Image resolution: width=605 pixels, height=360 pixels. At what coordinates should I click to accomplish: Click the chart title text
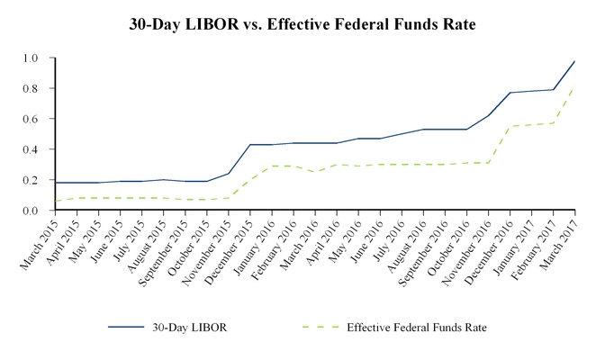[x=302, y=24]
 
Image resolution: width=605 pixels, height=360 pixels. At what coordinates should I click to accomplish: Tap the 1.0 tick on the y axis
[x=32, y=58]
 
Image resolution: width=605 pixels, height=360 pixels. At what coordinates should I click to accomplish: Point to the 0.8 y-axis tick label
[x=32, y=89]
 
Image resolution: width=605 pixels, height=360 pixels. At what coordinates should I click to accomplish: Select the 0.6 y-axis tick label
[x=32, y=119]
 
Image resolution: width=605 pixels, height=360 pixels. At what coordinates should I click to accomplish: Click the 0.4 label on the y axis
[x=32, y=149]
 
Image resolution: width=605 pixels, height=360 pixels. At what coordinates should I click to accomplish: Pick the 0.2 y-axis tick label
[x=32, y=180]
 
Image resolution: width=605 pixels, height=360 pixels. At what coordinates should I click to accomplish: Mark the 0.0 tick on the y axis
[x=32, y=211]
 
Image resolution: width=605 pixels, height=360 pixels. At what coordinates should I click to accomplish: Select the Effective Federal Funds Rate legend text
[x=417, y=328]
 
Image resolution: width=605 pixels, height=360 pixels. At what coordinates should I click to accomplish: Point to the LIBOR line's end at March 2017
[x=574, y=61]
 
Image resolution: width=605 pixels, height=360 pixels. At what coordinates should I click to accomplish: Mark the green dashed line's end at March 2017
[x=574, y=88]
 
